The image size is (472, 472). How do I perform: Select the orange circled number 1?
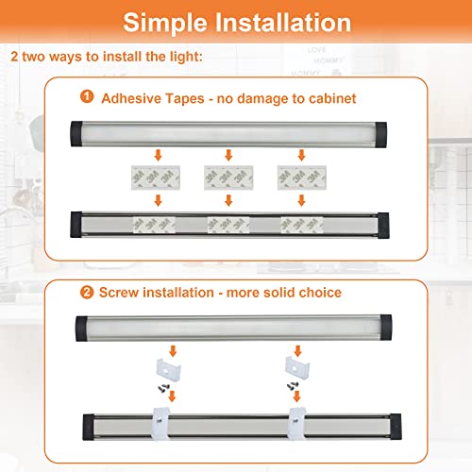click(87, 96)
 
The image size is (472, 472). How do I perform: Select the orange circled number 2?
click(87, 294)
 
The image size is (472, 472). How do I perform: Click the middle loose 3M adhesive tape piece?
click(228, 177)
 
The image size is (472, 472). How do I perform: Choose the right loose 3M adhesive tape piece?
click(300, 177)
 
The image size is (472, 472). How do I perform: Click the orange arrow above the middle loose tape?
click(228, 153)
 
